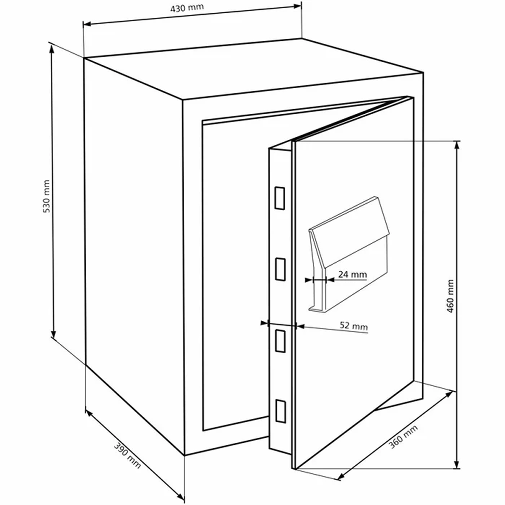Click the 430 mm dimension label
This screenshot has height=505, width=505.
[187, 8]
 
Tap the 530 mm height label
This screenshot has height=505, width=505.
[46, 196]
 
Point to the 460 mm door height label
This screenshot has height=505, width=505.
[450, 296]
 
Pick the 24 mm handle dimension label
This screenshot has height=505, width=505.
[352, 274]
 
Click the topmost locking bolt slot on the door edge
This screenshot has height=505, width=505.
[280, 198]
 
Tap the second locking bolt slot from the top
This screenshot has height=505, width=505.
[280, 269]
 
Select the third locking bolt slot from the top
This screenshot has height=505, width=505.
[280, 341]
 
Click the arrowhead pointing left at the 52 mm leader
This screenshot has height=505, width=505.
[300, 326]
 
